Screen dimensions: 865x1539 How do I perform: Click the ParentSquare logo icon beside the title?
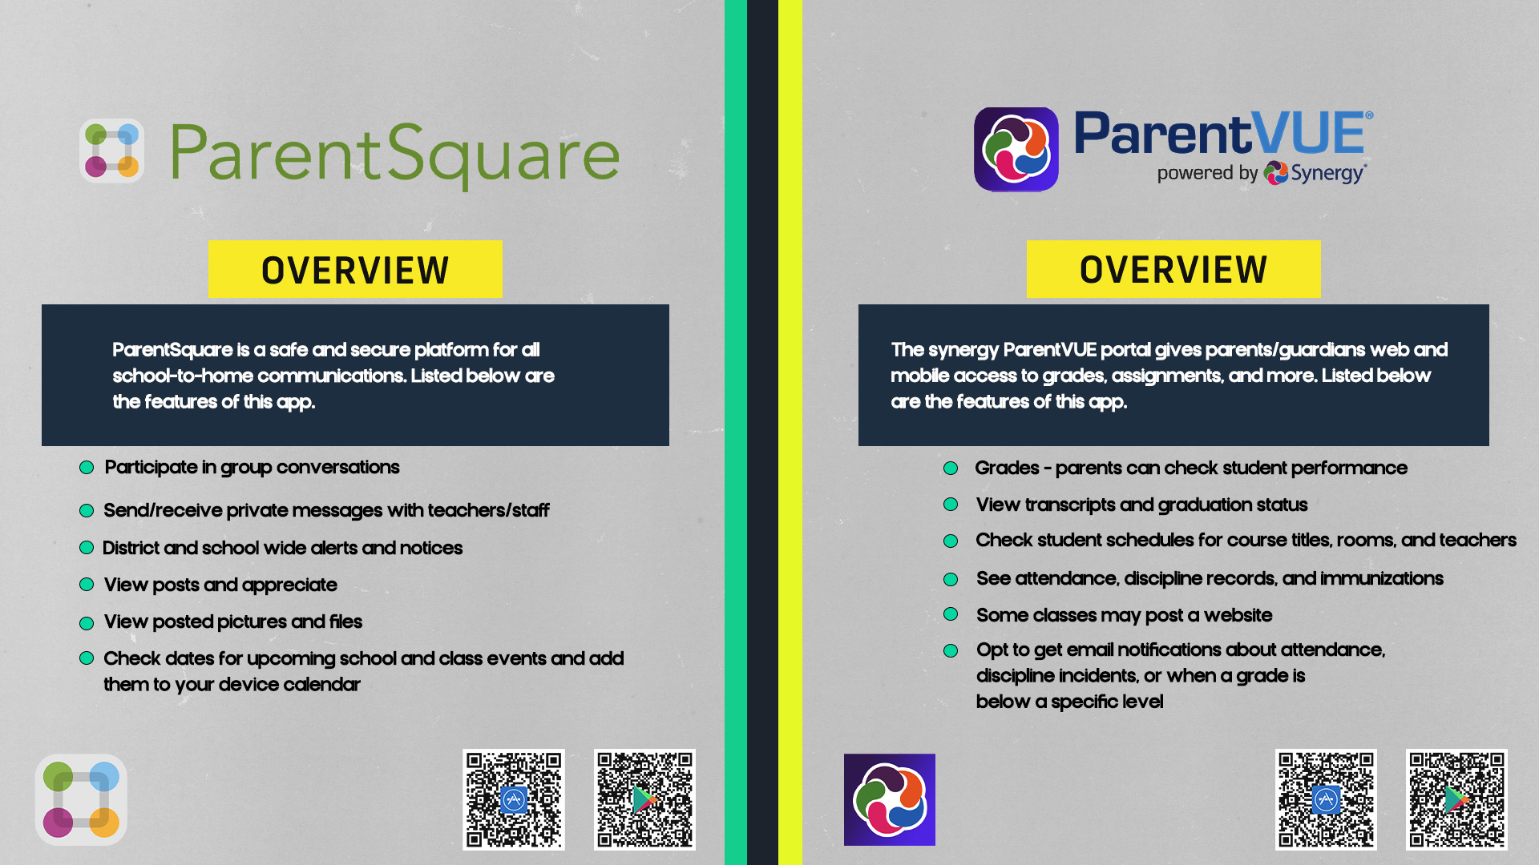pyautogui.click(x=112, y=151)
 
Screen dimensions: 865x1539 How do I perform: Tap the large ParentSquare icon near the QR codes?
pyautogui.click(x=81, y=799)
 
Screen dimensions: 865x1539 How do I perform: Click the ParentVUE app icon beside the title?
pyautogui.click(x=1016, y=149)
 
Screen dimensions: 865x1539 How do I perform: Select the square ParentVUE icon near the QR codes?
pyautogui.click(x=889, y=799)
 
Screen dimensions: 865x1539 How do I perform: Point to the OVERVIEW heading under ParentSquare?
pyautogui.click(x=355, y=270)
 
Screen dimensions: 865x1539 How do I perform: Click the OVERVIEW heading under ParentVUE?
pyautogui.click(x=1173, y=270)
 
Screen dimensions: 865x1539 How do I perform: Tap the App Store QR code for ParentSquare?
pyautogui.click(x=514, y=799)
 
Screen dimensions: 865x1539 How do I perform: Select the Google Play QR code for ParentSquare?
pyautogui.click(x=644, y=799)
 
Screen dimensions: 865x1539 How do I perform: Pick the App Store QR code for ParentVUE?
pyautogui.click(x=1326, y=799)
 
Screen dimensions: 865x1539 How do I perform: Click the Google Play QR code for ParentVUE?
pyautogui.click(x=1456, y=799)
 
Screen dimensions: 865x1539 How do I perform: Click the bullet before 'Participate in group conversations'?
pyautogui.click(x=87, y=468)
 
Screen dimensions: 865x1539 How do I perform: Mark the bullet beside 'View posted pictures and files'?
pyautogui.click(x=87, y=623)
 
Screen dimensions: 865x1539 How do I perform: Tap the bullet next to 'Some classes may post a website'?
pyautogui.click(x=951, y=614)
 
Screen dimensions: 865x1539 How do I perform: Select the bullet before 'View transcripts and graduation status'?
pyautogui.click(x=951, y=505)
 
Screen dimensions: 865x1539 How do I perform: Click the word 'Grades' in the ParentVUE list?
pyautogui.click(x=1007, y=468)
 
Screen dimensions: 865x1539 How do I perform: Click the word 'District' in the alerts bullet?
pyautogui.click(x=131, y=548)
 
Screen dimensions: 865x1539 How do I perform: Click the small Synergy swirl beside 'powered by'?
pyautogui.click(x=1275, y=173)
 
